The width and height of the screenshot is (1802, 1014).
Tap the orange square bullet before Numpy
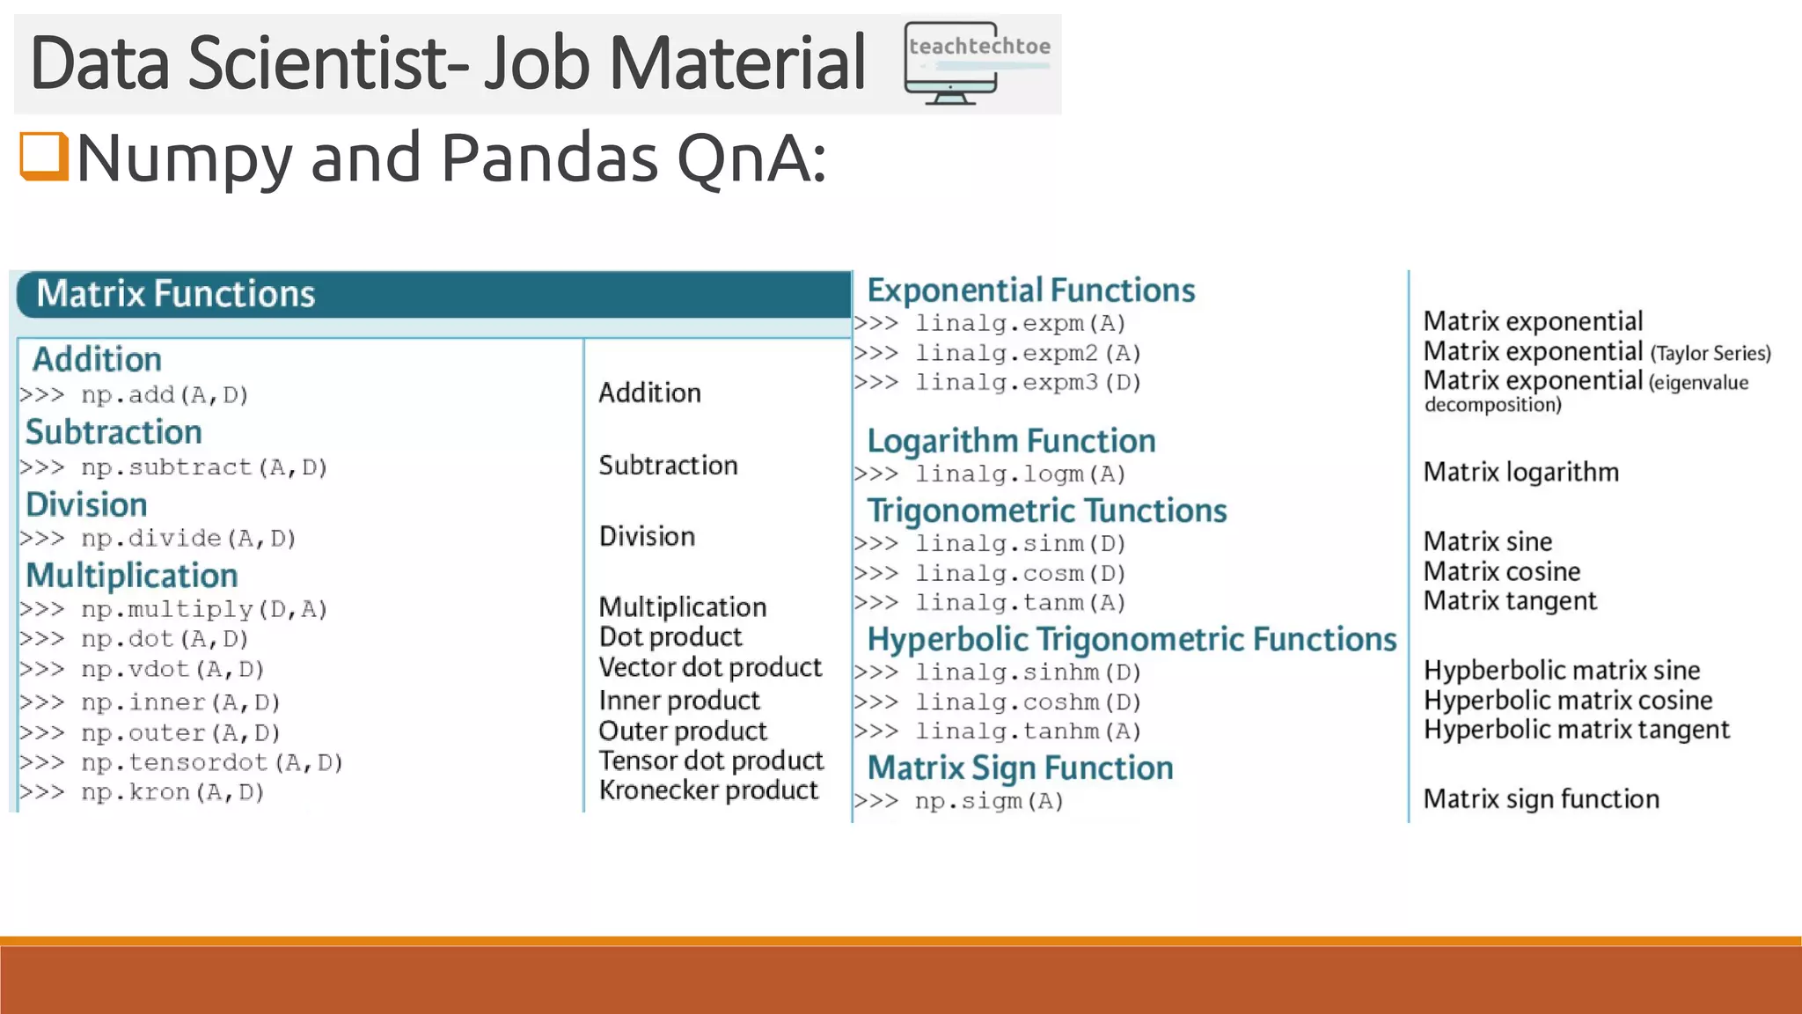(x=44, y=156)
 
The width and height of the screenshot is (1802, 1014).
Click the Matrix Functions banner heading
(x=176, y=294)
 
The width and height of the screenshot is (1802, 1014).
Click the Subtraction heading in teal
(x=114, y=432)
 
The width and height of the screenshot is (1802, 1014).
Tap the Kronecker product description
(x=708, y=790)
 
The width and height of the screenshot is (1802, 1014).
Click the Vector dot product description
(x=710, y=667)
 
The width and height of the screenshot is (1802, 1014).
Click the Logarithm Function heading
(x=1011, y=440)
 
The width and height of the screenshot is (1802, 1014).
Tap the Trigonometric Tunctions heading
(x=1047, y=511)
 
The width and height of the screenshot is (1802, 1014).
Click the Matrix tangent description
(x=1510, y=601)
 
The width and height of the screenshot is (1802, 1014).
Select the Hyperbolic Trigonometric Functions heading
(x=1132, y=639)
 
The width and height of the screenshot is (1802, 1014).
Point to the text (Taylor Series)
(x=1710, y=354)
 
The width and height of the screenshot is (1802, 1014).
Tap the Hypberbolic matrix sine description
(x=1562, y=671)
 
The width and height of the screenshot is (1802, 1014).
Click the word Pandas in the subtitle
(x=549, y=158)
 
